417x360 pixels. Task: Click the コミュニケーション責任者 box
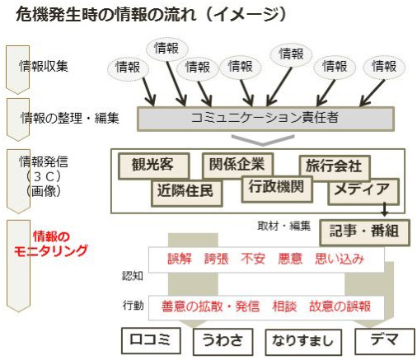265,119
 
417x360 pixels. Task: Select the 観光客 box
153,166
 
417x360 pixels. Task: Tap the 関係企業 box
237,164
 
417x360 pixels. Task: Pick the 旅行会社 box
335,167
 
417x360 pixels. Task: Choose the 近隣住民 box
186,192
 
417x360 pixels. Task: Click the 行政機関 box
277,189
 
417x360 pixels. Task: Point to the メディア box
363,191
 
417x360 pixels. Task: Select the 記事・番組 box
364,232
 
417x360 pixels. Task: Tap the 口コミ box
151,340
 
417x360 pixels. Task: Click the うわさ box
223,341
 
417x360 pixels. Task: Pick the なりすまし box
303,342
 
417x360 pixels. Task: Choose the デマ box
385,341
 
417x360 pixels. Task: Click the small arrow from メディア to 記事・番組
385,209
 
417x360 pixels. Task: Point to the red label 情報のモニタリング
51,243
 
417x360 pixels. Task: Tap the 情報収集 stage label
44,66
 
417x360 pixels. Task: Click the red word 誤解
180,259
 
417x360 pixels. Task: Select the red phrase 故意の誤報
340,306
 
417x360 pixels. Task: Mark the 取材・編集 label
283,226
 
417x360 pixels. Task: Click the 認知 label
133,276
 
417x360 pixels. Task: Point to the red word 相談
284,306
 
